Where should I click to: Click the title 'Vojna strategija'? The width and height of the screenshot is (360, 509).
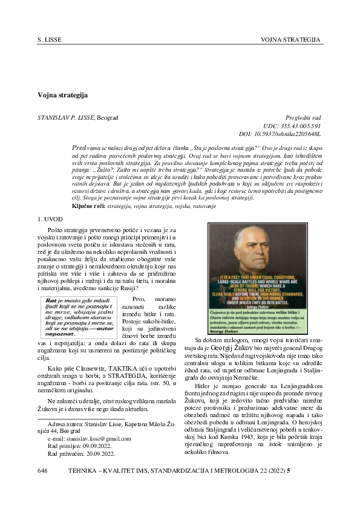tap(63, 96)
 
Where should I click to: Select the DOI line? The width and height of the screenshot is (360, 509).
tap(280, 133)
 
